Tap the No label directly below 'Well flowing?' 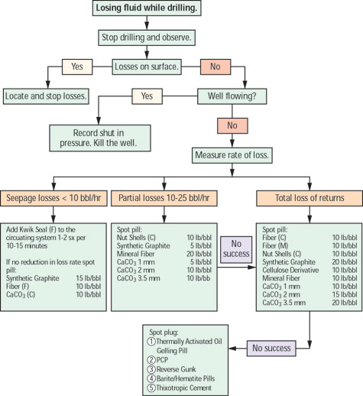[232, 124]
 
